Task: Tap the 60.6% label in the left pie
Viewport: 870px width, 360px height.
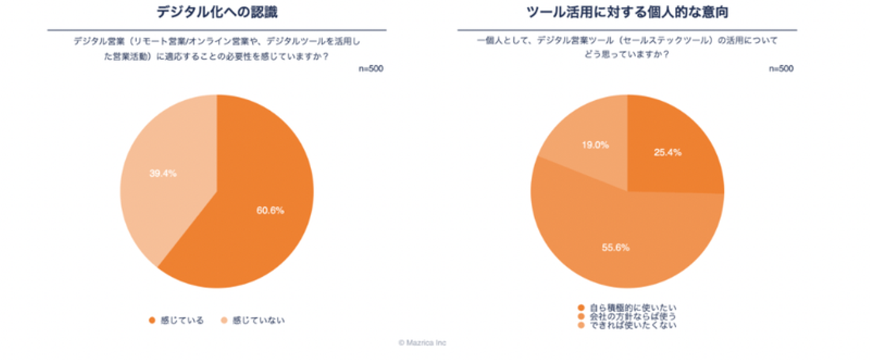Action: click(269, 210)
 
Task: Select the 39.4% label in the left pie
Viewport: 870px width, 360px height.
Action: click(163, 173)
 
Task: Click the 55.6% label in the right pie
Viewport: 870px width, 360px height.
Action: click(615, 247)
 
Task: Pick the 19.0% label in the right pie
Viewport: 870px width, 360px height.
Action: click(595, 145)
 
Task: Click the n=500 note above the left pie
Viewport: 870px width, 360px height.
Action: click(371, 68)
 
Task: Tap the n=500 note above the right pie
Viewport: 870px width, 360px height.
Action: click(781, 68)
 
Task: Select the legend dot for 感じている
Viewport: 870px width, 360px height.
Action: click(152, 320)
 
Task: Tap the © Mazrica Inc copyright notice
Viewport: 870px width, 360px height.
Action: click(422, 342)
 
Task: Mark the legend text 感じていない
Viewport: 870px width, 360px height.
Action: click(258, 320)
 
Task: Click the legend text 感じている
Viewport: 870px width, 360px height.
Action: click(182, 320)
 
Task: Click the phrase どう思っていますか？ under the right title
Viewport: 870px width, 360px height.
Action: click(627, 54)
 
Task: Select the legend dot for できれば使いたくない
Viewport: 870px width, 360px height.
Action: click(581, 325)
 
